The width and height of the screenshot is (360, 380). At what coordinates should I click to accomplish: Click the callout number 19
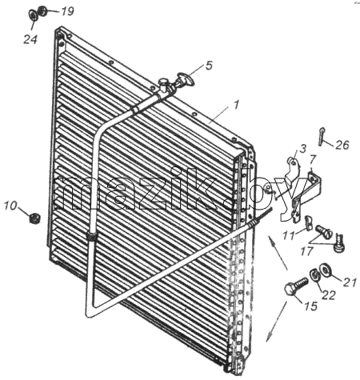click(67, 11)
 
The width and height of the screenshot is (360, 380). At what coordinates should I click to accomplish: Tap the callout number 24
click(30, 39)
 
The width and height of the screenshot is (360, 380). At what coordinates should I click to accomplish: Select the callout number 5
click(209, 65)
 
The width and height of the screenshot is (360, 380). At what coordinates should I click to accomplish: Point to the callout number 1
click(236, 105)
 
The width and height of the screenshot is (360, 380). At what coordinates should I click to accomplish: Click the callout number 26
click(342, 145)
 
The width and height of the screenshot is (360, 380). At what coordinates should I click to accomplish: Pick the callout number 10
click(10, 206)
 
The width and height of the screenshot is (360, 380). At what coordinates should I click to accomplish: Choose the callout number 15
click(310, 306)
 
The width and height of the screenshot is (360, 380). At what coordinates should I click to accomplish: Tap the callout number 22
click(328, 295)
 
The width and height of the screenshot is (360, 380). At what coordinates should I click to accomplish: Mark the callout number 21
click(350, 282)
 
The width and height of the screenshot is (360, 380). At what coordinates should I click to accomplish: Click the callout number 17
click(306, 251)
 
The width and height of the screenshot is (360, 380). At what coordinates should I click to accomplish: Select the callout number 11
click(289, 235)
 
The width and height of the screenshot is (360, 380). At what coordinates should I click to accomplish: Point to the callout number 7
click(313, 160)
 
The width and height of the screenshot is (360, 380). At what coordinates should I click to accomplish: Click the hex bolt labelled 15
click(296, 286)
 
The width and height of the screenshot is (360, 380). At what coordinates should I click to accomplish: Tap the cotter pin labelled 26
click(321, 137)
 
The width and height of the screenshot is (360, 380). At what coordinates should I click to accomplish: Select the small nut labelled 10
click(34, 218)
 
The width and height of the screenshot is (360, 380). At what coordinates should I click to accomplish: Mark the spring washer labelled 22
click(314, 275)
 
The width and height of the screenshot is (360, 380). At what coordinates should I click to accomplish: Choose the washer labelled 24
click(33, 15)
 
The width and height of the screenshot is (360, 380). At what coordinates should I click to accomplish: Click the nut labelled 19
click(42, 11)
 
